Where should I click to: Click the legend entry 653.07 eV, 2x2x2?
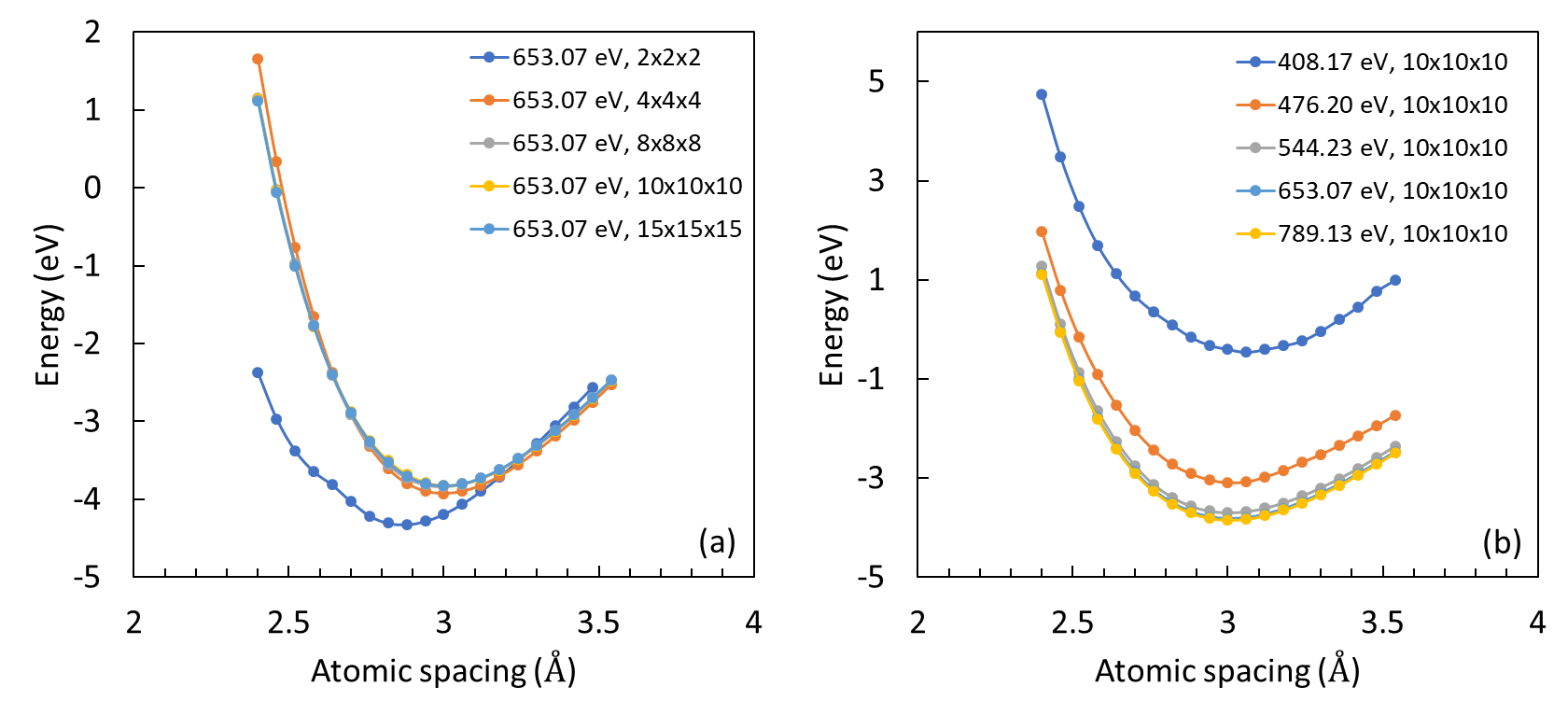(606, 58)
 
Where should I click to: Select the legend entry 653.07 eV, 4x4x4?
(606, 101)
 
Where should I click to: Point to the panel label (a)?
(717, 541)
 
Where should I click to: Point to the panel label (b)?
(1502, 541)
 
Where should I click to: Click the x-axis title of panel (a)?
(443, 670)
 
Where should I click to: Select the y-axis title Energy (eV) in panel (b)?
(832, 304)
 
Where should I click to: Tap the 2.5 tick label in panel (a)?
(288, 623)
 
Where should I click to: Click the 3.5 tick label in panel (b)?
(1382, 623)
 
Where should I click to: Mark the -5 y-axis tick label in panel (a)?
(89, 578)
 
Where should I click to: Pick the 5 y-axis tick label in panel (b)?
(875, 81)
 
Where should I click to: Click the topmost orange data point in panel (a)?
(258, 60)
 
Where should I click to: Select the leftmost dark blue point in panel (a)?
(258, 372)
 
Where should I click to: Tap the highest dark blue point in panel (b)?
(1042, 94)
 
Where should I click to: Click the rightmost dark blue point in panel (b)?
(1395, 280)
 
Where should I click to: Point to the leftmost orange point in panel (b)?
(1042, 231)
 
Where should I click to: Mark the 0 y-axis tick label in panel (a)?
(92, 188)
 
